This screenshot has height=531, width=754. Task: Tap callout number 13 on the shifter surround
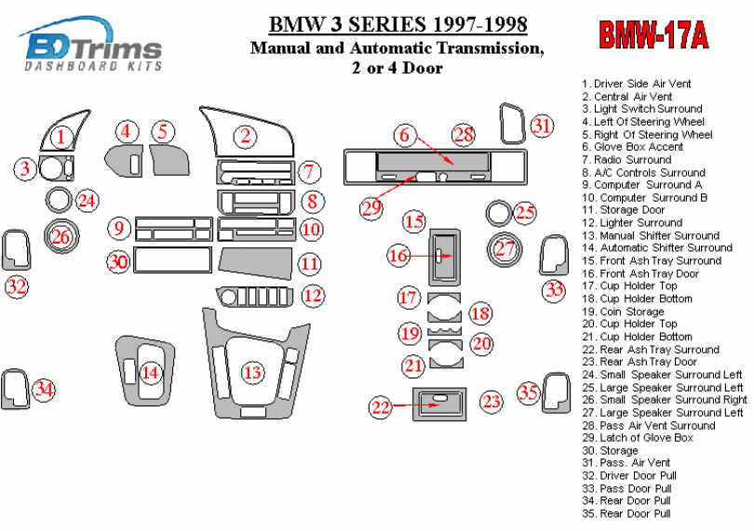(251, 373)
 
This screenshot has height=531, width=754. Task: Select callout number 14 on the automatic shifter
(150, 373)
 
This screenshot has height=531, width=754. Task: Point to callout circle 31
(542, 126)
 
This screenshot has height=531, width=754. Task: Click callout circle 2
(245, 137)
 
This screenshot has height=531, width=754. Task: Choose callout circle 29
(372, 207)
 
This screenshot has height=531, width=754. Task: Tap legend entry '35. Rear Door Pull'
(626, 513)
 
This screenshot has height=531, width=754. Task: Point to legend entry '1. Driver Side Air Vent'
(636, 84)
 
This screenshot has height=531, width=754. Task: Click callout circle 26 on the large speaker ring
(61, 236)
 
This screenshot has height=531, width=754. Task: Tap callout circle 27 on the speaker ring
(505, 248)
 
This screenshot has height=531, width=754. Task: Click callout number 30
(117, 262)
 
